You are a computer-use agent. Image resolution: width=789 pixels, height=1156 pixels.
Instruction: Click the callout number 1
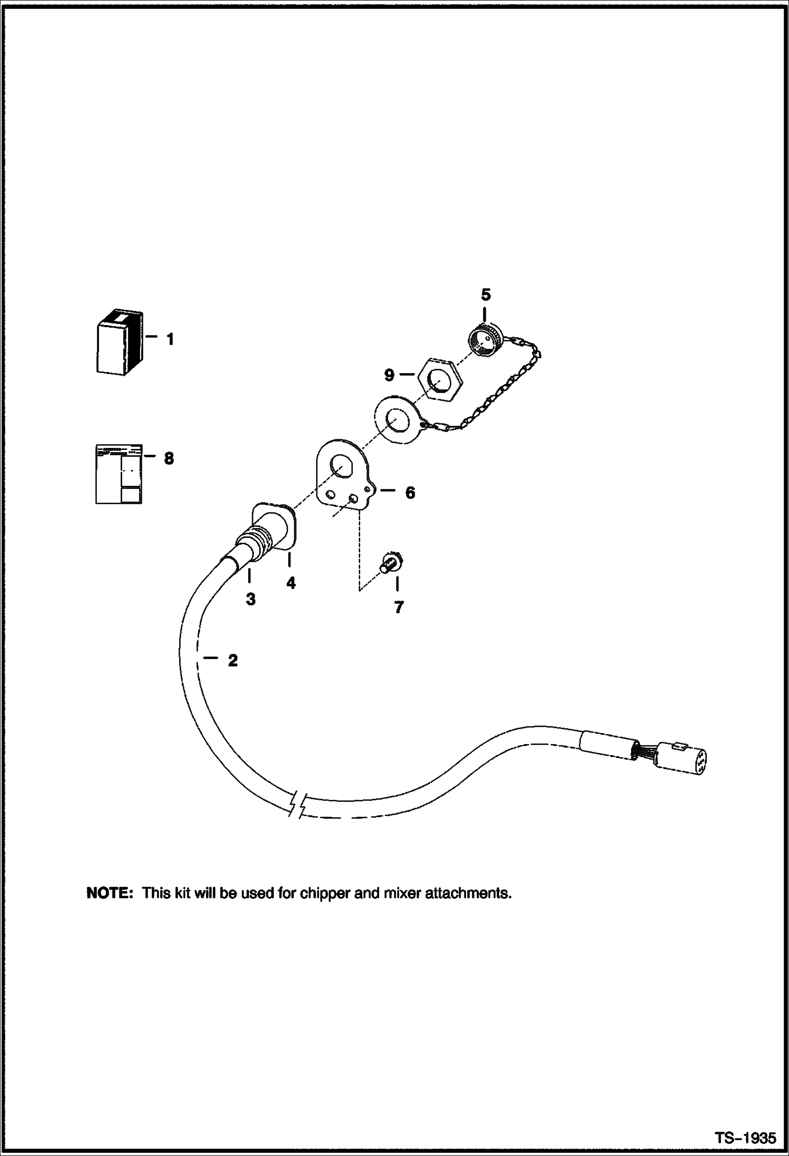pyautogui.click(x=170, y=339)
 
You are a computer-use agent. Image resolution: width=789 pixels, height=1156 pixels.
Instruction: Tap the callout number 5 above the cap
pyautogui.click(x=486, y=295)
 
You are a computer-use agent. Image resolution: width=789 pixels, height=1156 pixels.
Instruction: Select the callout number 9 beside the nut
pyautogui.click(x=389, y=375)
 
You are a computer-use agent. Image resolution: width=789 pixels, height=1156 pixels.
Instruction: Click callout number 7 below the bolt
pyautogui.click(x=399, y=608)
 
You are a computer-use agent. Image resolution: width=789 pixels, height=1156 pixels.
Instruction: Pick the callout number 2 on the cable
pyautogui.click(x=232, y=660)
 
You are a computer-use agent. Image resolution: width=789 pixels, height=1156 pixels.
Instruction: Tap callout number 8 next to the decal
pyautogui.click(x=169, y=458)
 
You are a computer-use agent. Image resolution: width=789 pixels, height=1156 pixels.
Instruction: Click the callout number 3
pyautogui.click(x=251, y=599)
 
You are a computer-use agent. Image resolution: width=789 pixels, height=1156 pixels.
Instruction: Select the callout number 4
pyautogui.click(x=291, y=583)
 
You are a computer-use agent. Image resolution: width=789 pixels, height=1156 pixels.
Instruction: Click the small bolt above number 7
pyautogui.click(x=390, y=563)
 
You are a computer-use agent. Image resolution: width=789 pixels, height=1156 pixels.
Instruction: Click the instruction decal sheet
pyautogui.click(x=119, y=474)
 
